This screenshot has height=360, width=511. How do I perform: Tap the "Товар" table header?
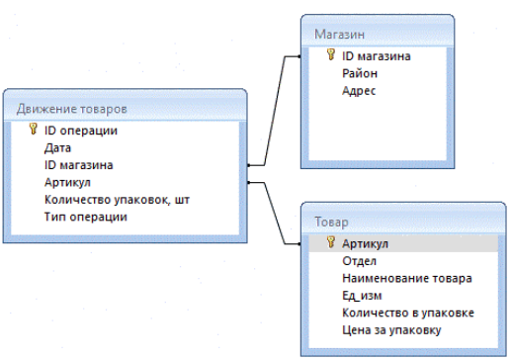[331, 224]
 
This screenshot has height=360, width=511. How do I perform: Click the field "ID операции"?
[82, 131]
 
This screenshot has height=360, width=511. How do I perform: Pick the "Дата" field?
[58, 148]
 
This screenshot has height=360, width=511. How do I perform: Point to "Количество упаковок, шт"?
[117, 200]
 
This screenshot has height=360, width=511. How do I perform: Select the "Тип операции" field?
[86, 217]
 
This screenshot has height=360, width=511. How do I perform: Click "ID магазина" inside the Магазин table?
[375, 56]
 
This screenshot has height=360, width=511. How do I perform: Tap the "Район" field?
[358, 73]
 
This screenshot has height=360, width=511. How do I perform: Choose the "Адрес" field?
[358, 91]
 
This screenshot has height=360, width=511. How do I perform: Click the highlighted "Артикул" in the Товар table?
[365, 243]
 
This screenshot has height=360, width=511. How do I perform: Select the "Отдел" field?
[358, 261]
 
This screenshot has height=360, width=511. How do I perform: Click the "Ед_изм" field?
[361, 296]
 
